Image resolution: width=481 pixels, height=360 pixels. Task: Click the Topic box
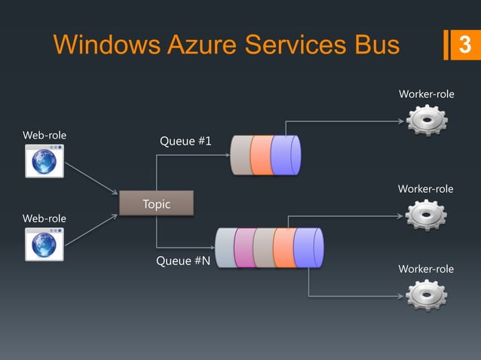(157, 204)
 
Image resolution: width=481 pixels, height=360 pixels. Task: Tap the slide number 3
(464, 45)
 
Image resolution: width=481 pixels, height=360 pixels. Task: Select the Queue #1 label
(185, 142)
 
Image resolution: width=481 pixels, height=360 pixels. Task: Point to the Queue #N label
(183, 262)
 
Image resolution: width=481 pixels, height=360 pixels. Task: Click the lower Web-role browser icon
(44, 243)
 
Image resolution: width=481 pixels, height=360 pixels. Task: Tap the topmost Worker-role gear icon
(426, 121)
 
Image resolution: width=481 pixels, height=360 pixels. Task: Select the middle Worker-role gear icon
(426, 215)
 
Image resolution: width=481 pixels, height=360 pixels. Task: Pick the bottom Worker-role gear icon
(426, 294)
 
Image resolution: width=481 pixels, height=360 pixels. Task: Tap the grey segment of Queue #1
(241, 155)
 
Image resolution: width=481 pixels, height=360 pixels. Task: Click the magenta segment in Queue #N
(244, 248)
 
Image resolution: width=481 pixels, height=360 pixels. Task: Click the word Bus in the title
(373, 45)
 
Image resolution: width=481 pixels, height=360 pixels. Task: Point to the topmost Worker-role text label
(426, 94)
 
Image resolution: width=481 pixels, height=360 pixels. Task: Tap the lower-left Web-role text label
(44, 218)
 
